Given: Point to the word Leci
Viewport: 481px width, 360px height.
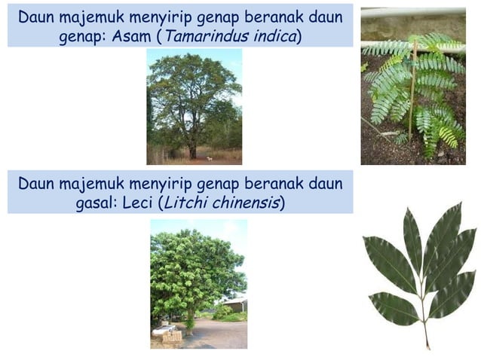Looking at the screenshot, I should [142, 203].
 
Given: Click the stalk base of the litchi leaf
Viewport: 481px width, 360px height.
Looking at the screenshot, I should [427, 343].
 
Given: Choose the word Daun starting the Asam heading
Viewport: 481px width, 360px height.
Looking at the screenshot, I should [35, 17].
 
